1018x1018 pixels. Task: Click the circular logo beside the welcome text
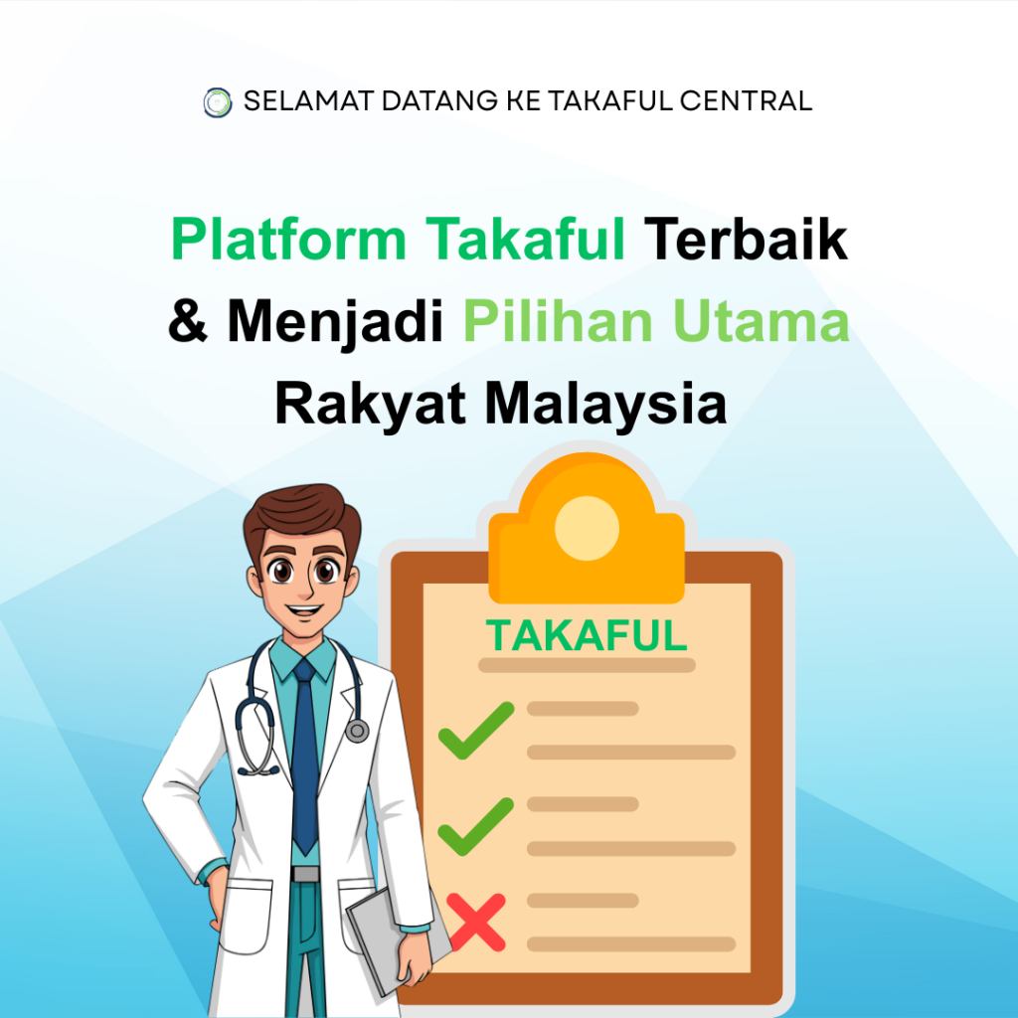pos(218,102)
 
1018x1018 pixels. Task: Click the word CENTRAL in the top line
pos(746,101)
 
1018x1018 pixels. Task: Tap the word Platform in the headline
pos(289,239)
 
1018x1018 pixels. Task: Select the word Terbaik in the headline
pos(746,239)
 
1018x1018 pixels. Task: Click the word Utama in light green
pos(761,320)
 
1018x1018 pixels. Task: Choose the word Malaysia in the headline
pos(605,403)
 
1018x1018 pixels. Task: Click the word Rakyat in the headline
pos(371,403)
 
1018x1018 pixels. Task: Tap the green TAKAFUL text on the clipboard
pos(587,635)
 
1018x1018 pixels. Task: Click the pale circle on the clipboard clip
pos(587,528)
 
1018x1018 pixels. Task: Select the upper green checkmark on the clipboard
pos(476,730)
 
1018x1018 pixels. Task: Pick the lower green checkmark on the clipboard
pos(476,826)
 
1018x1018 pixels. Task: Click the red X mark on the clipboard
pos(476,923)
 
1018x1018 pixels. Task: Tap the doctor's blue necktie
pos(304,757)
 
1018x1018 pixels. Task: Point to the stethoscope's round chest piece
pos(357,731)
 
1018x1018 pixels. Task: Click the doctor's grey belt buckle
pos(305,874)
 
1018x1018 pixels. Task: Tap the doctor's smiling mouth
pos(305,610)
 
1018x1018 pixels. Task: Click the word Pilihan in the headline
pos(557,320)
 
